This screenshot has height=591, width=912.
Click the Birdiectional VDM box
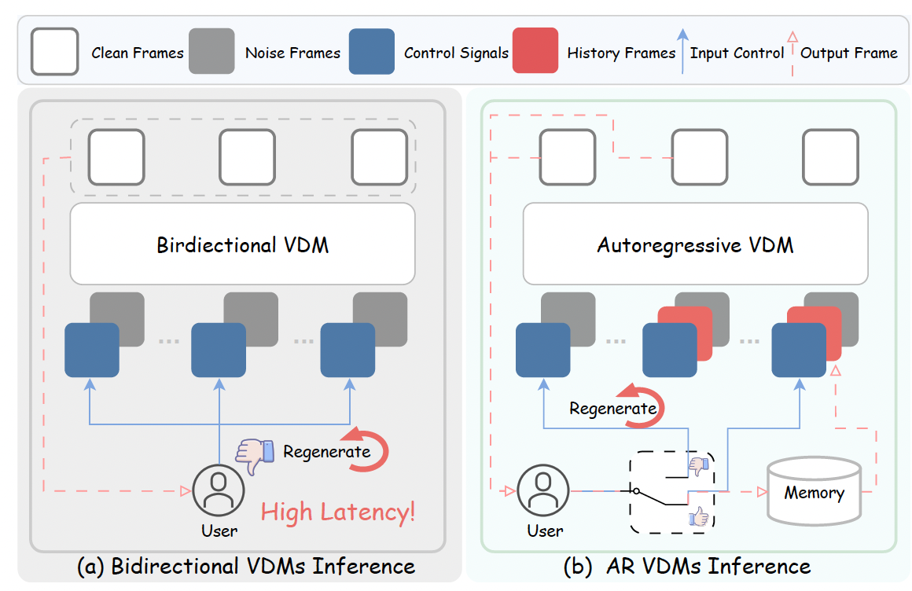[x=242, y=244]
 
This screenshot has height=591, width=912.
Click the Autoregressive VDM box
[x=695, y=244]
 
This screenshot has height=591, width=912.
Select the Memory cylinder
[x=813, y=493]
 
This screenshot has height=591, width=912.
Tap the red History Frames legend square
[x=535, y=51]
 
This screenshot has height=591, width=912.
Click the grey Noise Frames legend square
[x=211, y=51]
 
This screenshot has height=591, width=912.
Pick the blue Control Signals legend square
[x=371, y=51]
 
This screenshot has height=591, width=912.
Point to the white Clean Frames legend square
[x=54, y=51]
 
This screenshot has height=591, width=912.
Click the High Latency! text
[x=338, y=513]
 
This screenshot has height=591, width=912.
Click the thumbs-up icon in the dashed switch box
[x=698, y=516]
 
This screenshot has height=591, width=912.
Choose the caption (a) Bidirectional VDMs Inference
[x=245, y=566]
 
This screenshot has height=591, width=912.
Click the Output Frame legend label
[x=848, y=53]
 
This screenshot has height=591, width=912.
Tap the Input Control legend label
[x=737, y=53]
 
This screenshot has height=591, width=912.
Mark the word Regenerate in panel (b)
[x=612, y=409]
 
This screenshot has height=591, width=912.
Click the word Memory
[x=814, y=494]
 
